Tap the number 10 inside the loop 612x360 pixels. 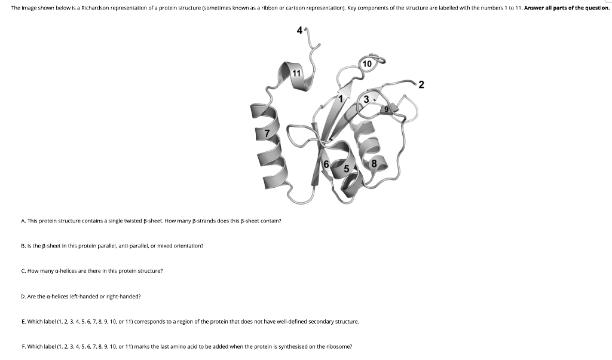coord(367,63)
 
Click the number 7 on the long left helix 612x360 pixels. coord(267,133)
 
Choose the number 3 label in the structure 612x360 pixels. coord(366,99)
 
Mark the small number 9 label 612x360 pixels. coord(387,109)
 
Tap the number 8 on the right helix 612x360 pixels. coord(375,163)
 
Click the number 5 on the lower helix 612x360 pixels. coord(346,169)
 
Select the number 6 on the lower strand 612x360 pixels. coord(326,164)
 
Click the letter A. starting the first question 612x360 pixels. coord(23,221)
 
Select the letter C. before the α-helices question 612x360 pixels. coord(23,271)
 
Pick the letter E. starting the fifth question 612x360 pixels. coord(23,321)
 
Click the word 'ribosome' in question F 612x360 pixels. coord(338,346)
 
